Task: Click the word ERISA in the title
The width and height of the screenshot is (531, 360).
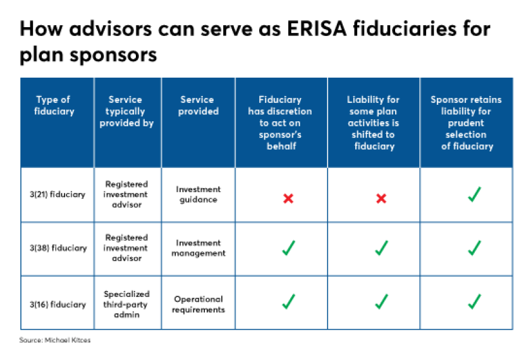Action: (317, 28)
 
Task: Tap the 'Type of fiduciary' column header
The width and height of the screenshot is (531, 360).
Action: (54, 105)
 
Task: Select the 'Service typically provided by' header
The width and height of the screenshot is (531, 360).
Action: (126, 111)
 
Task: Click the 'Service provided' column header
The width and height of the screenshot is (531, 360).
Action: (198, 105)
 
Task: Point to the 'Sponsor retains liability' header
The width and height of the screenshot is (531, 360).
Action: (466, 123)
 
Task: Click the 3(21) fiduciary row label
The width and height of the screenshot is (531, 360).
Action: (58, 195)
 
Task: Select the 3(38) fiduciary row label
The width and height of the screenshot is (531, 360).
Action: (58, 248)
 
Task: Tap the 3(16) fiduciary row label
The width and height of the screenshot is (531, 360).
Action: (58, 304)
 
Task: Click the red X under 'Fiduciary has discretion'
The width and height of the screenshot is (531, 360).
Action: (288, 198)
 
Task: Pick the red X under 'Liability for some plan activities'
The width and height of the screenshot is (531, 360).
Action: (381, 198)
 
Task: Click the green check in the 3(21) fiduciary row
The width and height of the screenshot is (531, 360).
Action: (475, 195)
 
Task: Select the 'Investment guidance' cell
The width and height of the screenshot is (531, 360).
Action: (198, 195)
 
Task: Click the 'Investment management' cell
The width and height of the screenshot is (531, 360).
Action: (198, 248)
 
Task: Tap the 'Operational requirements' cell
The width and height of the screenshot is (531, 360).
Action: (198, 304)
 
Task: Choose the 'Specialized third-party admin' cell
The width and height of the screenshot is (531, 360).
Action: (126, 304)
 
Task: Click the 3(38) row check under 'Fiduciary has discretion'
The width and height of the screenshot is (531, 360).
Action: (288, 248)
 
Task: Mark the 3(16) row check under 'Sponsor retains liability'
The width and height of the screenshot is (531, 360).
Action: (475, 302)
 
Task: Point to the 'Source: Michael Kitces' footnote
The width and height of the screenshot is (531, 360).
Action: (55, 340)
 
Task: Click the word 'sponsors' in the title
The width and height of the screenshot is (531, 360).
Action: (113, 55)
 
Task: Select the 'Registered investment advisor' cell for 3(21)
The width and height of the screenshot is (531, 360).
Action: (126, 195)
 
